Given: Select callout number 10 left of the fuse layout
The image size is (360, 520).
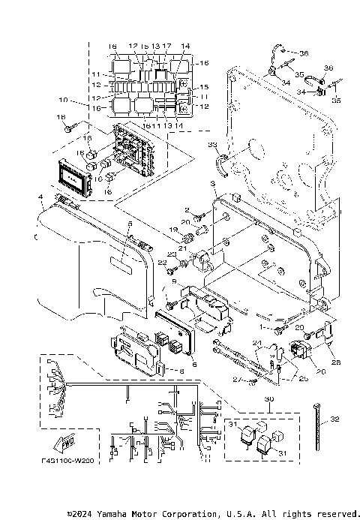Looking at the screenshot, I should coord(62,100).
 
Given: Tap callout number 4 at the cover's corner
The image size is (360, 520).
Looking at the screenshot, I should coord(40,198).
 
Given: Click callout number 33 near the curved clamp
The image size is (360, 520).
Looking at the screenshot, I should coord(212,144).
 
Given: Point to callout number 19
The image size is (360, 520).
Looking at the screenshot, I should coord(172,229).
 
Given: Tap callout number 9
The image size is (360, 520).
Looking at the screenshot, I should coord(174,282).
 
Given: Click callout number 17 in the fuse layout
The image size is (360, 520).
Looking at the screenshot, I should coord(166,47).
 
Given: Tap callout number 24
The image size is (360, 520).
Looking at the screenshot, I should coord(256,345).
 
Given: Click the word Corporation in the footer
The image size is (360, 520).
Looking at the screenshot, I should coord(185,513).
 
